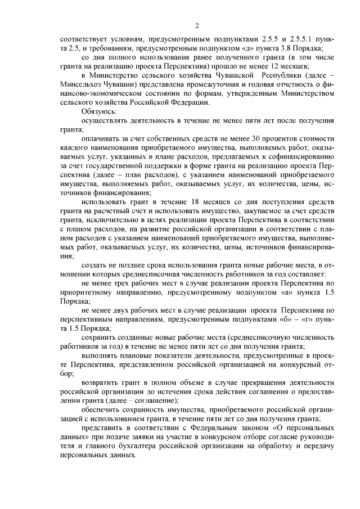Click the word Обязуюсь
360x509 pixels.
coord(98,111)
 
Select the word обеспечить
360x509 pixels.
coord(102,408)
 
